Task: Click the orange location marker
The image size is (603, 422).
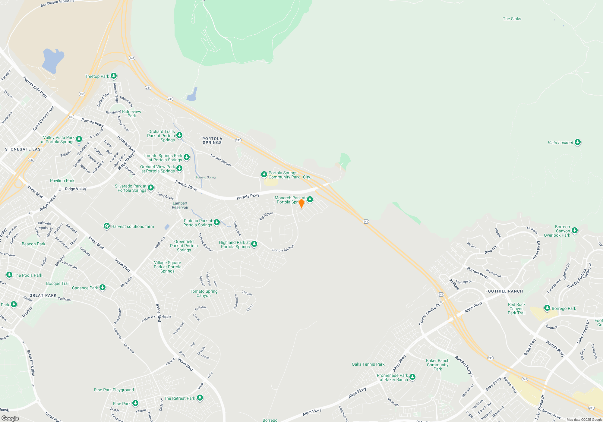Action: [x=301, y=203]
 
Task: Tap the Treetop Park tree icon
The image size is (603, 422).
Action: [x=113, y=76]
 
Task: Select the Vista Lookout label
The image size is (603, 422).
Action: [x=560, y=143]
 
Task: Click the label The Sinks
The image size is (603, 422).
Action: [x=512, y=19]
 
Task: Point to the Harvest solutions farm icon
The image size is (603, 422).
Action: [x=106, y=226]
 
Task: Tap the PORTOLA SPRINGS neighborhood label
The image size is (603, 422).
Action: [x=212, y=140]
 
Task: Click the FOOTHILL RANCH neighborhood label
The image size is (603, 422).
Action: [x=504, y=291]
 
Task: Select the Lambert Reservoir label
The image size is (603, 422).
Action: [x=180, y=205]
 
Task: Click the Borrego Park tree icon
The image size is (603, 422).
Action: [x=547, y=308]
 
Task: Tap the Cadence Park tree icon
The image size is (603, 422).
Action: [x=103, y=287]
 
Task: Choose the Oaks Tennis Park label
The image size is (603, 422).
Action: [x=368, y=364]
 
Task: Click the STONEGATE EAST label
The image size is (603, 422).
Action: [x=24, y=149]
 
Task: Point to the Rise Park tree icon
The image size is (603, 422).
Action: [x=135, y=403]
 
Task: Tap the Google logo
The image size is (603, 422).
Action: [x=10, y=418]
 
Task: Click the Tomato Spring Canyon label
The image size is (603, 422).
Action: [x=204, y=293]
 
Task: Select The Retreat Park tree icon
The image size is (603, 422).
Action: [x=200, y=398]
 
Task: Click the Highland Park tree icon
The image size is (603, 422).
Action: [x=254, y=244]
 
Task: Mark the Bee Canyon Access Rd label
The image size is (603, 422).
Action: [x=57, y=3]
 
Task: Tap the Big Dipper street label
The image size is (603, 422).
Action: [x=266, y=216]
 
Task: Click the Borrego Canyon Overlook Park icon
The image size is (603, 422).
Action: [x=575, y=231]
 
